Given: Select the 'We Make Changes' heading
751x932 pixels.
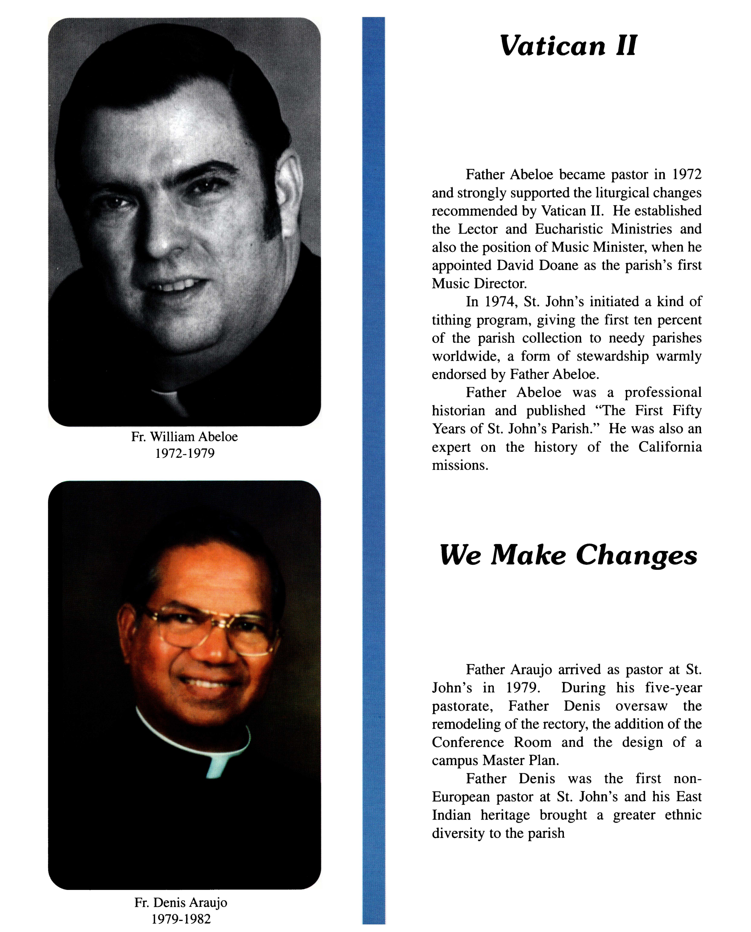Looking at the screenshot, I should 568,555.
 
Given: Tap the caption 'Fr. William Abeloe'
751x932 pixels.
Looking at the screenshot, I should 184,436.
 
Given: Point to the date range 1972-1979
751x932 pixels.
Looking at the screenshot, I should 185,453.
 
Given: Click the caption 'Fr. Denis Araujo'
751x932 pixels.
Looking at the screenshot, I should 181,902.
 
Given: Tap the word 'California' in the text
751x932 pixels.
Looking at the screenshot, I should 670,447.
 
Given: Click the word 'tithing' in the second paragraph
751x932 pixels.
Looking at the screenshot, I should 451,320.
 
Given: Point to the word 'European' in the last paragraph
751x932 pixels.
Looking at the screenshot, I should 461,796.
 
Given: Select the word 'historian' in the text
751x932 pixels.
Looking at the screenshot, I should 458,410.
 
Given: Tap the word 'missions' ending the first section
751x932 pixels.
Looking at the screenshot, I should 459,465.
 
